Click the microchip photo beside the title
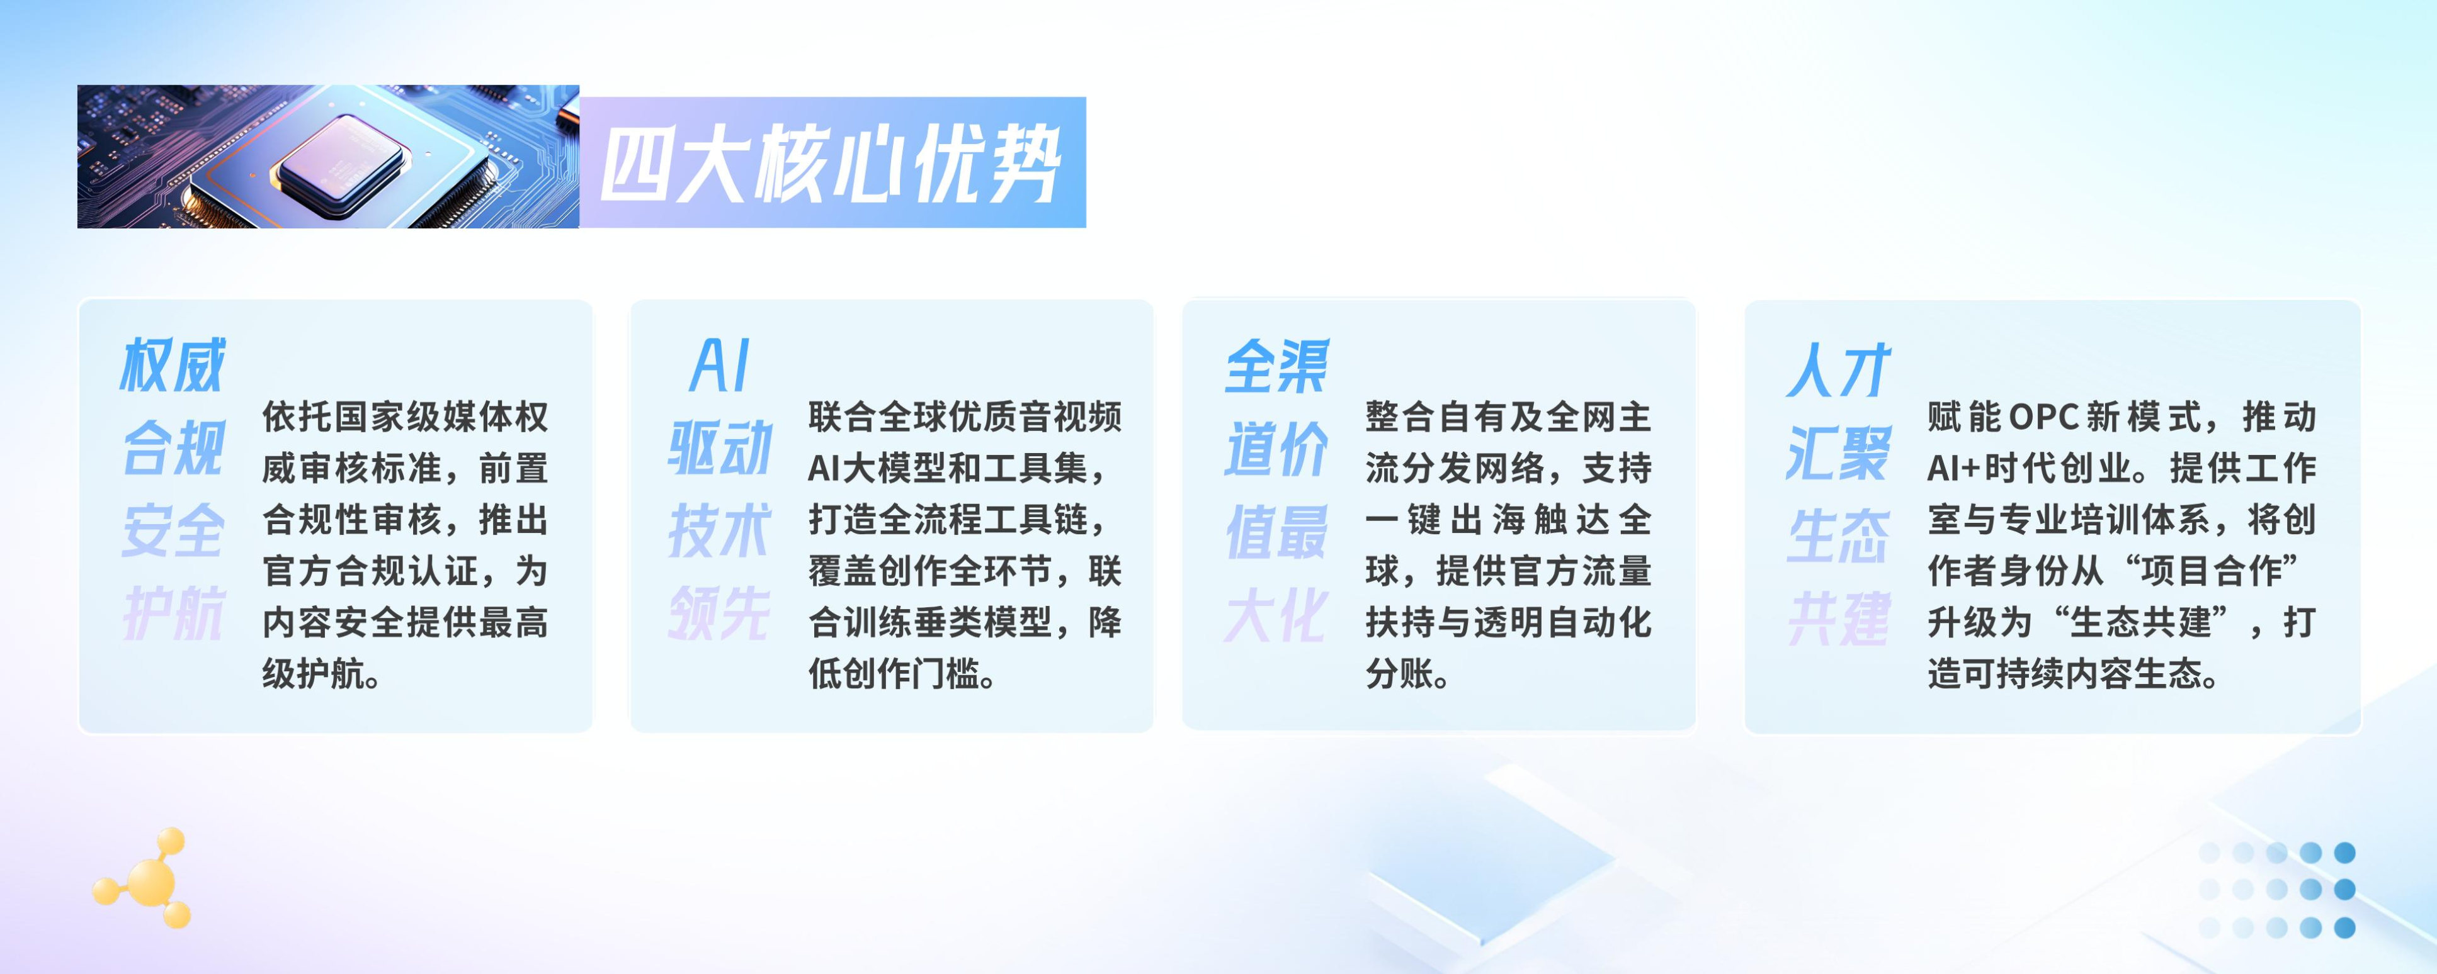click(x=328, y=156)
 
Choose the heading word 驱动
click(x=720, y=447)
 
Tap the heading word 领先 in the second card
click(x=720, y=613)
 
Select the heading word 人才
click(x=1838, y=370)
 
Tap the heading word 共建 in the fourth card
click(x=1838, y=619)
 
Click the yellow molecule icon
click(x=144, y=878)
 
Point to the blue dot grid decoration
click(x=2276, y=890)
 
